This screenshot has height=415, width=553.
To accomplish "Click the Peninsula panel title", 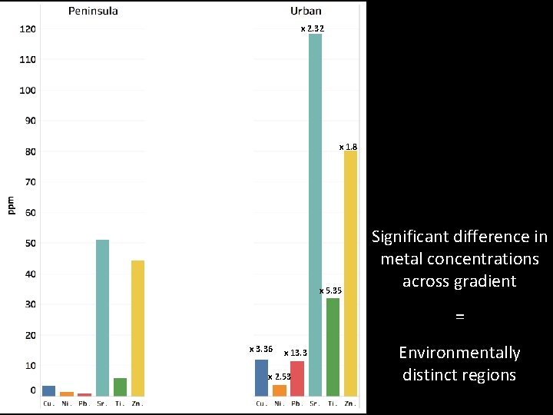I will [93, 11].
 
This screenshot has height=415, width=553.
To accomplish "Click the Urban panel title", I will [306, 11].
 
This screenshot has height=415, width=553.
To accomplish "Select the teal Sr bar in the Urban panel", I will [315, 215].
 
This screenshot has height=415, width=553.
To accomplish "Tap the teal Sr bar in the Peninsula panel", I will [102, 317].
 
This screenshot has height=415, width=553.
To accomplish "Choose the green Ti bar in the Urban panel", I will [333, 347].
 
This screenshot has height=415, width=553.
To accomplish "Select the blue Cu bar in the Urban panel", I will [261, 377].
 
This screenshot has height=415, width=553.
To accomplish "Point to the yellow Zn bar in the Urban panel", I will [350, 273].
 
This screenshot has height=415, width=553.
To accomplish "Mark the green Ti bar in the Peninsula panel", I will [120, 387].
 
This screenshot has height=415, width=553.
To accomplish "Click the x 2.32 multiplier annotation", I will [312, 28].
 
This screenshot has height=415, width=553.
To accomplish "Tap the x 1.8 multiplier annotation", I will [348, 146].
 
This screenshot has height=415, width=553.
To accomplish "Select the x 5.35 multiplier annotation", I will [330, 290].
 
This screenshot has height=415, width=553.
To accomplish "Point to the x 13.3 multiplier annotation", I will [296, 353].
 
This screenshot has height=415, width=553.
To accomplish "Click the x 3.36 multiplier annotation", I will [261, 349].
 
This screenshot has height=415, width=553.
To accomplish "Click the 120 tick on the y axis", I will [28, 29].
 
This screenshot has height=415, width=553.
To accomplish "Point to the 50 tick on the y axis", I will [29, 244].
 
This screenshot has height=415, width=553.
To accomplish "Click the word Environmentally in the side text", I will [459, 353].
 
